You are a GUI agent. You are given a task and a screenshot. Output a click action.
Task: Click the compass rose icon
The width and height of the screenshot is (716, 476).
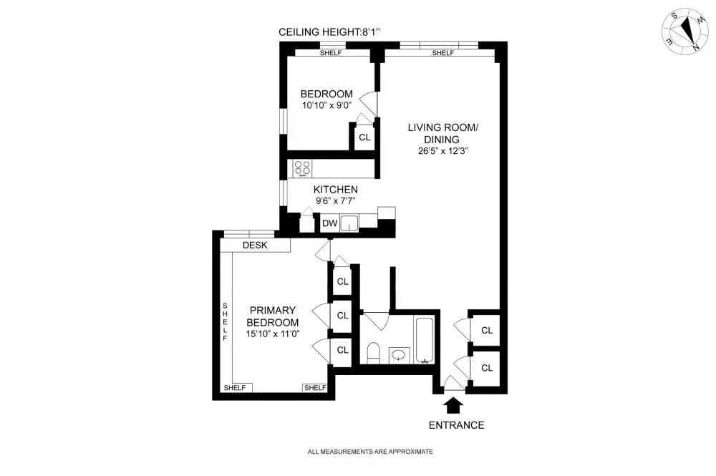[685, 31]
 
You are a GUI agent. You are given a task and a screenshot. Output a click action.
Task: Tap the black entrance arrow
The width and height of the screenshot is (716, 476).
[453, 405]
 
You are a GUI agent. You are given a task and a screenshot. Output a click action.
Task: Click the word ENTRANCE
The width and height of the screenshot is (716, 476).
[456, 425]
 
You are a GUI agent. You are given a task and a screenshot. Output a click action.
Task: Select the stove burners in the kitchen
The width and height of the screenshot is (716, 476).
[302, 168]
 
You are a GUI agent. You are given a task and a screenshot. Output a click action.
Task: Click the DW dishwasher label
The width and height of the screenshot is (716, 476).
[329, 223]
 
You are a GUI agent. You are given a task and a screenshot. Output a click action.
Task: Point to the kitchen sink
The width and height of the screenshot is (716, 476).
[349, 223]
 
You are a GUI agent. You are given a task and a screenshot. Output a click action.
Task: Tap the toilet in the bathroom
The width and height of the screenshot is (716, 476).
[374, 353]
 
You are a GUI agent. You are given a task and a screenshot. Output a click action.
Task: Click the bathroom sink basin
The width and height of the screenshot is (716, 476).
[400, 355]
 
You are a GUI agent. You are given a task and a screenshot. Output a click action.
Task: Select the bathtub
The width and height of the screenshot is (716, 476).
[424, 341]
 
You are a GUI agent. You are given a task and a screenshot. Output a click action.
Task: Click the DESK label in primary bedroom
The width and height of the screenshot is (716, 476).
[255, 245]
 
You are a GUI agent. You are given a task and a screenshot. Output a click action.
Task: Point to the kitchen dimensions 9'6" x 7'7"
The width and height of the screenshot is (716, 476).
[336, 201]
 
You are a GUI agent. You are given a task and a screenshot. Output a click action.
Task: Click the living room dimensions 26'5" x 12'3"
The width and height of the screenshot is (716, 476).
[442, 151]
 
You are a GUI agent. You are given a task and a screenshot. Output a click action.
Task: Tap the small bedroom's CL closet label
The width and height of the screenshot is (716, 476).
[364, 137]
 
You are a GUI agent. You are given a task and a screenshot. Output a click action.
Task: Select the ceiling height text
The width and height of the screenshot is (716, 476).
[329, 32]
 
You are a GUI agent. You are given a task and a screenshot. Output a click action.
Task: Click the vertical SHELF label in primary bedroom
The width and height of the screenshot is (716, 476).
[225, 321]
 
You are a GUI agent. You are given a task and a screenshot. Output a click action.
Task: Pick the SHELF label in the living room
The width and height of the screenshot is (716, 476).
[443, 53]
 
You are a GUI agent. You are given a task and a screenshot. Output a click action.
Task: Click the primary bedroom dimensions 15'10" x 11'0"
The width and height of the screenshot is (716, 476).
[273, 334]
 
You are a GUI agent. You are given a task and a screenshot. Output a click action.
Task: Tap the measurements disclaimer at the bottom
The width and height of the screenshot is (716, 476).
[370, 452]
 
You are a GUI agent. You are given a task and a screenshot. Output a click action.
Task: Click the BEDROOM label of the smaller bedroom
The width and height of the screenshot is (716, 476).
[326, 94]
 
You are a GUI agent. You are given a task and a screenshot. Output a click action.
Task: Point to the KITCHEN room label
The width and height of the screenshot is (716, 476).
[336, 190]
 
